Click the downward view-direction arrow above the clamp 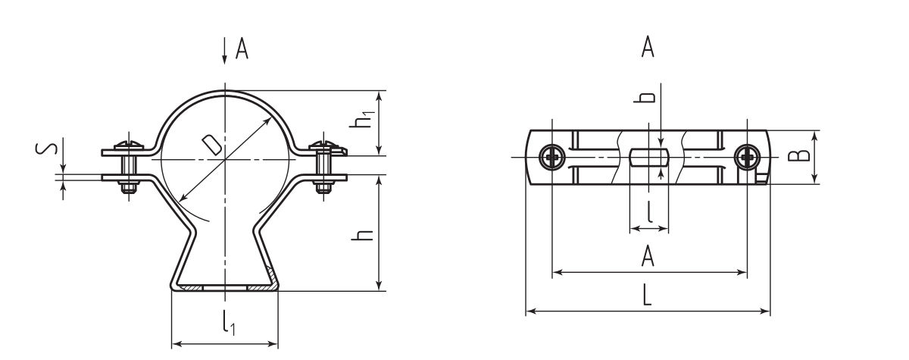224,52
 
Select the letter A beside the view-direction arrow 242,50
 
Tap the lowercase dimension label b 646,98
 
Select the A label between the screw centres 647,258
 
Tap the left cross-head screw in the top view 551,157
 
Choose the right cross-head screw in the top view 747,157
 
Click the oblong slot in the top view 648,158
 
